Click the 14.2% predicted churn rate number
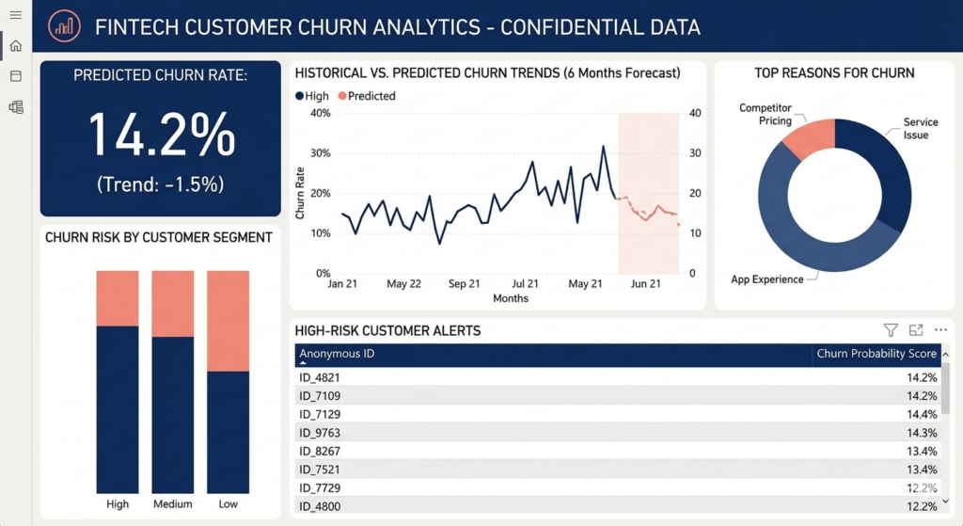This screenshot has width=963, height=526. click(162, 135)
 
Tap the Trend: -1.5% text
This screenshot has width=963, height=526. click(160, 184)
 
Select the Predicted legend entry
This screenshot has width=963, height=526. click(367, 96)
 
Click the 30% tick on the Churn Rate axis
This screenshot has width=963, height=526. click(321, 153)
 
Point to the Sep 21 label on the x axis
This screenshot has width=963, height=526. click(465, 284)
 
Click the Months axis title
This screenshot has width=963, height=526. click(511, 298)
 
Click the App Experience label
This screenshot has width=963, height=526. click(767, 279)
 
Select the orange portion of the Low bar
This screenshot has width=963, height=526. click(228, 321)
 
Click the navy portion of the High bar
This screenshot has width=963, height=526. click(118, 409)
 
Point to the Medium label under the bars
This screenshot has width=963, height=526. click(173, 503)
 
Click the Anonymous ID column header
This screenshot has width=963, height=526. click(337, 353)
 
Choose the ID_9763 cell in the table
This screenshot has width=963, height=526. click(320, 433)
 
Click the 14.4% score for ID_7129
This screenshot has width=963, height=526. click(922, 414)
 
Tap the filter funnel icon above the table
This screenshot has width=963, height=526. click(891, 330)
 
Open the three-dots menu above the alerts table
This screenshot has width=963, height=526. click(940, 330)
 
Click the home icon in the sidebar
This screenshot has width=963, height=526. click(16, 46)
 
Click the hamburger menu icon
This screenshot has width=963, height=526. click(16, 15)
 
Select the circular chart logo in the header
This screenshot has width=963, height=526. click(65, 26)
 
